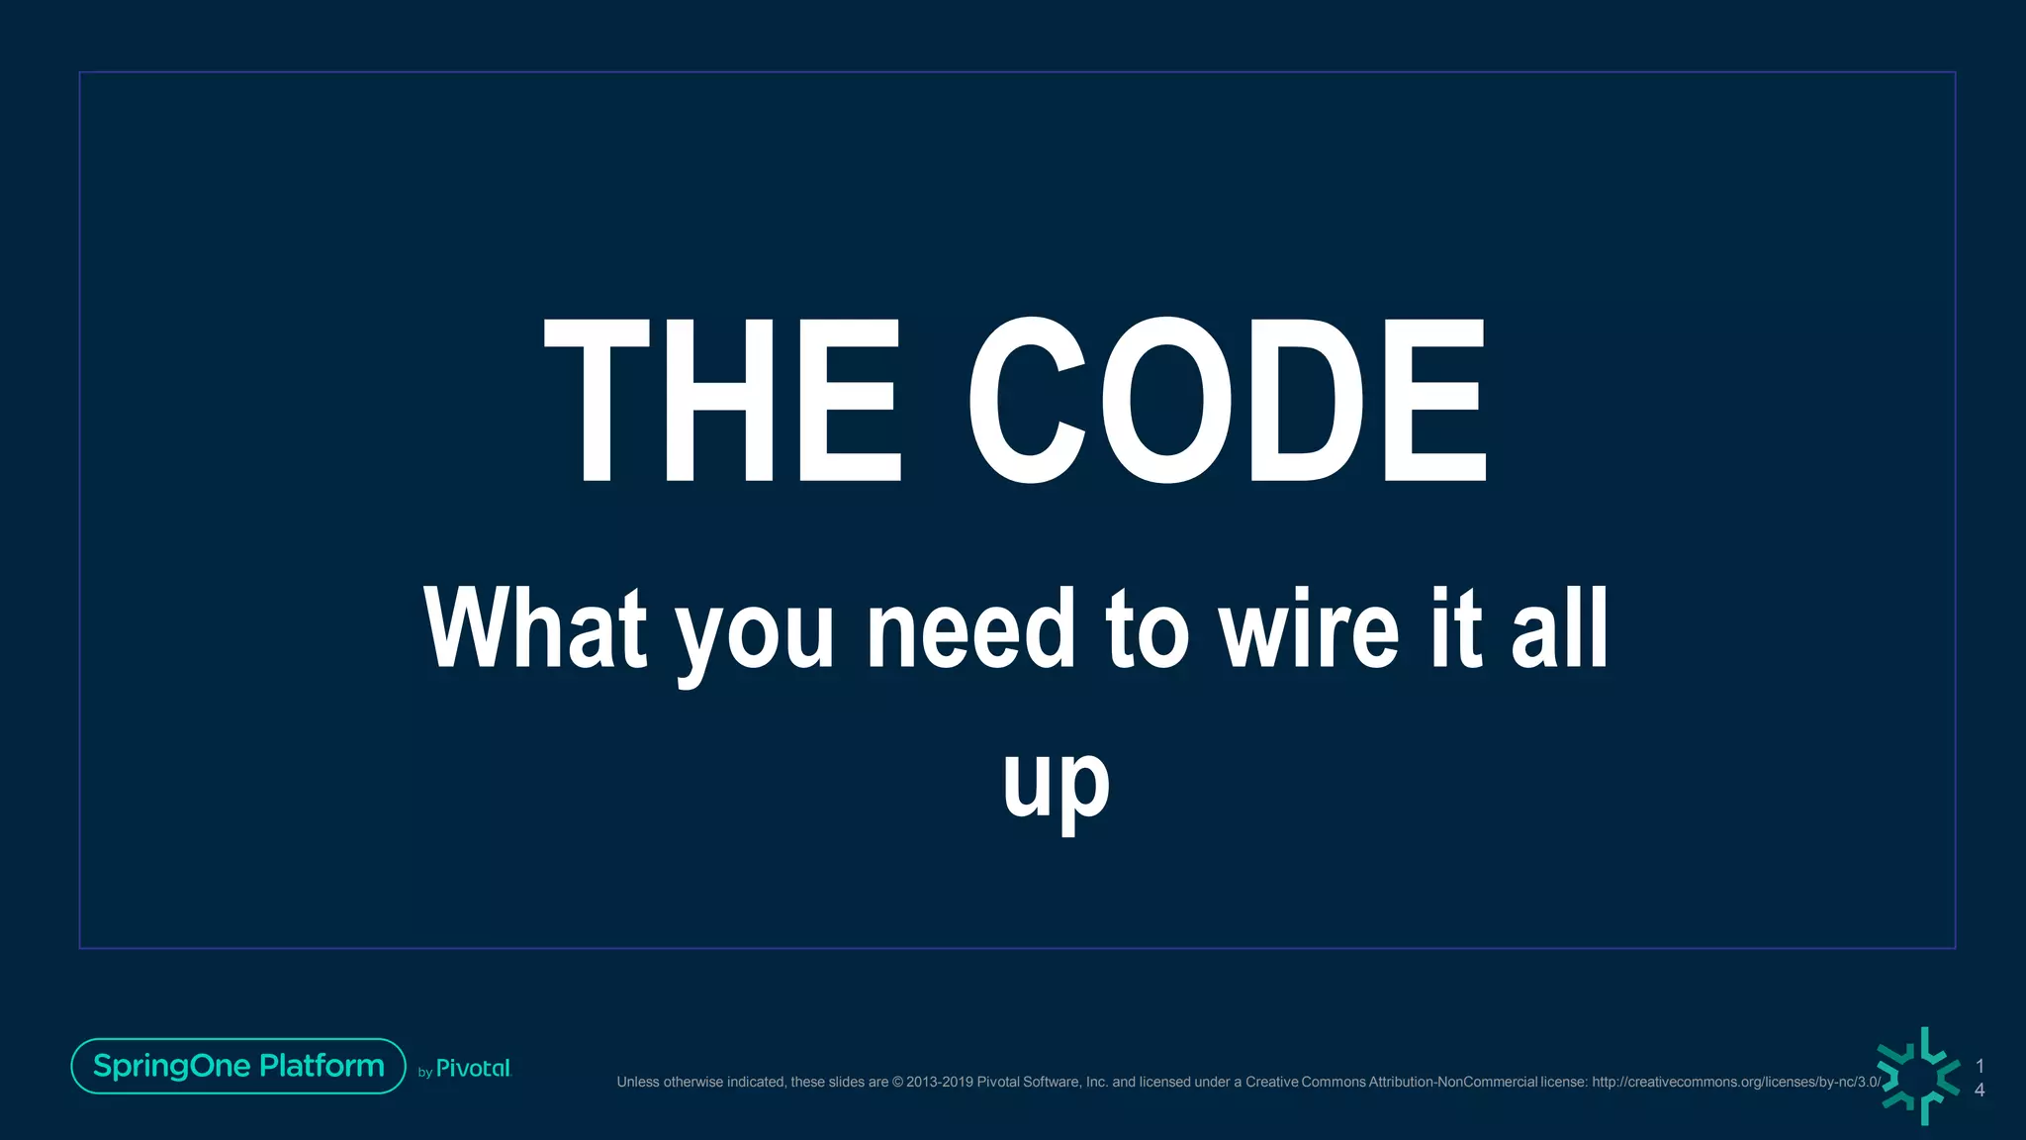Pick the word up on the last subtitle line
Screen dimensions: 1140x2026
[1056, 784]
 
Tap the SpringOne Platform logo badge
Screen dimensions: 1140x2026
[238, 1066]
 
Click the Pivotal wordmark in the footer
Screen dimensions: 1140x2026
[473, 1069]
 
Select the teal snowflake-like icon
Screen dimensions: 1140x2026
[1919, 1076]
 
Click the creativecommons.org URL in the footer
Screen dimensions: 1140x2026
[1736, 1082]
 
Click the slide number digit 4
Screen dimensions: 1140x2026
[1980, 1090]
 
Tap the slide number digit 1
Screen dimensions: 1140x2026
[1980, 1066]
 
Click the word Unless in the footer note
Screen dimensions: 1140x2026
[638, 1082]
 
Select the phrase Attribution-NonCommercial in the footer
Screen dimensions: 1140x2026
[1452, 1082]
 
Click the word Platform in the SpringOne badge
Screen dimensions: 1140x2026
[322, 1066]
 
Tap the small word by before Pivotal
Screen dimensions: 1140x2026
[425, 1072]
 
